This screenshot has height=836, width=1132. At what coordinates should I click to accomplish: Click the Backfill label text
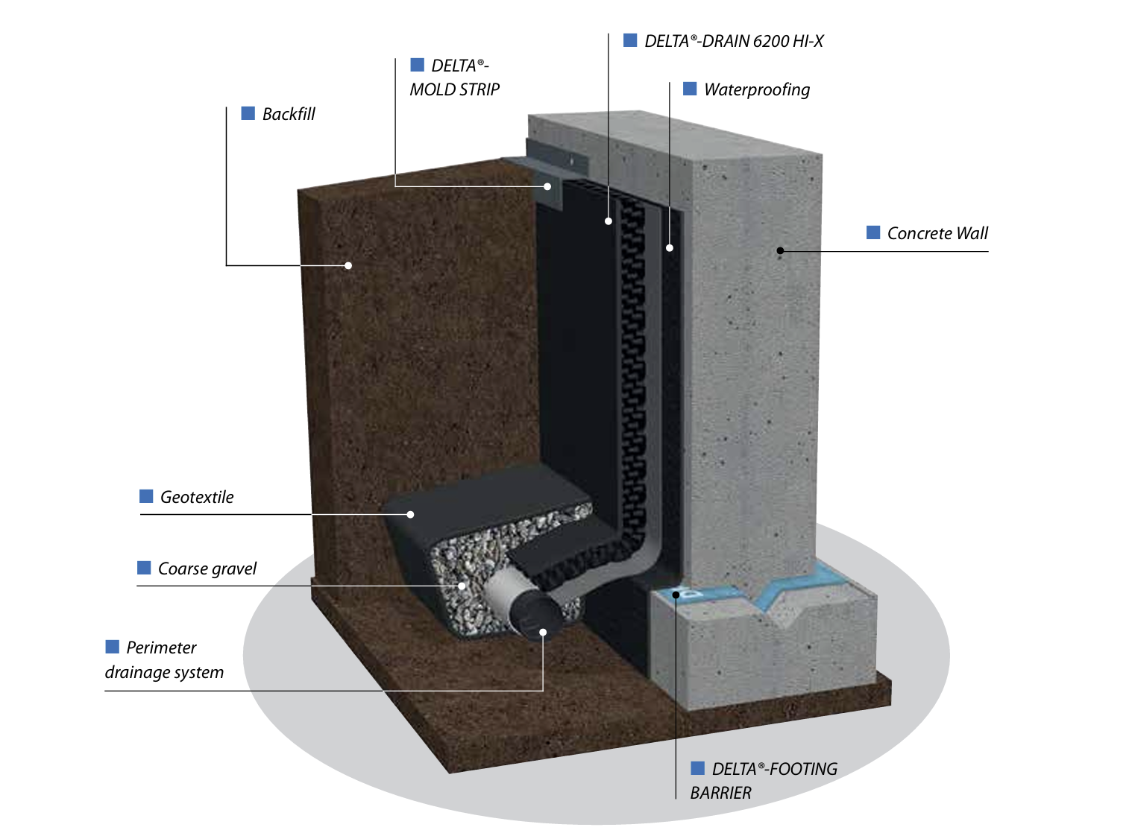(288, 114)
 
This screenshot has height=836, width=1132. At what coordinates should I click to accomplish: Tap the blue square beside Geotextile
(146, 495)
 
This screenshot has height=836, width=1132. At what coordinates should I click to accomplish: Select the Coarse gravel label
(207, 569)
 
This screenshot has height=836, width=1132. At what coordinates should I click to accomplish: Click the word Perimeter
(161, 647)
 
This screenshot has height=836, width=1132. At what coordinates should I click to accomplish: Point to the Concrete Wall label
(937, 233)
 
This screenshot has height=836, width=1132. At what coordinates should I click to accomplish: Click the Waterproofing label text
(756, 89)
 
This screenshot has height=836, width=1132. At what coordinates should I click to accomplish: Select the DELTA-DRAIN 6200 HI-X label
(733, 41)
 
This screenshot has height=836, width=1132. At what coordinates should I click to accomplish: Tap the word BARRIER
(720, 793)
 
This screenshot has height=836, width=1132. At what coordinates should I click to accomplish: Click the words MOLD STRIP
(454, 89)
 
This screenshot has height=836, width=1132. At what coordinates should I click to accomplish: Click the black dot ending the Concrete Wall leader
(780, 250)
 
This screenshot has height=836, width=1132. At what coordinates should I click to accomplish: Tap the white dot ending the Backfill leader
(348, 265)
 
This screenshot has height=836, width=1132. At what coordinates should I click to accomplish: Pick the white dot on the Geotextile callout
(410, 514)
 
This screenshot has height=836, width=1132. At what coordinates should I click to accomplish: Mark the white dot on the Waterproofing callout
(669, 248)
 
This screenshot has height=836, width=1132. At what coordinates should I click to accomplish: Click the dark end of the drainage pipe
(540, 618)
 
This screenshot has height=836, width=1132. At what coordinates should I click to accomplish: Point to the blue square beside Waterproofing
(690, 89)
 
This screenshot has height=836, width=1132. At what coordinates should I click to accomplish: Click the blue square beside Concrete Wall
(872, 232)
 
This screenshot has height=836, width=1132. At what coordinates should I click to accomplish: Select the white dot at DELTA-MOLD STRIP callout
(547, 187)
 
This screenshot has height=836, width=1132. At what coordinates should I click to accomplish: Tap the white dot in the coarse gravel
(461, 586)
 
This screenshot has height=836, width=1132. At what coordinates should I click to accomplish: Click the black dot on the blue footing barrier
(675, 595)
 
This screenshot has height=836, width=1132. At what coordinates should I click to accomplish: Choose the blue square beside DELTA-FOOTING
(697, 767)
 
